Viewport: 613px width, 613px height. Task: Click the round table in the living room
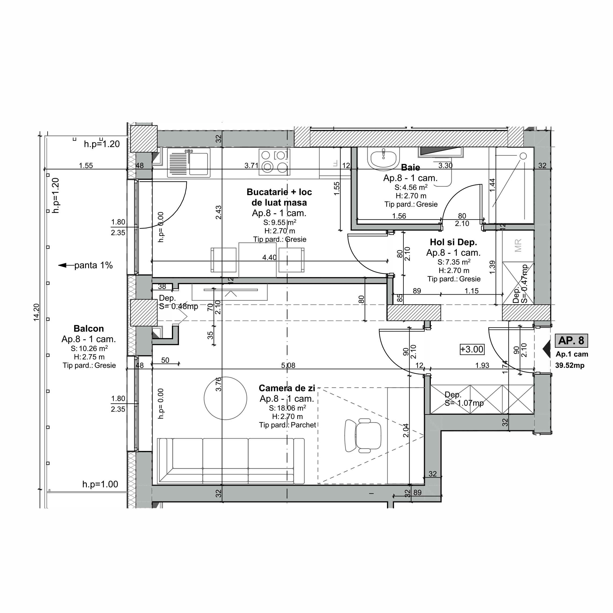point(225,398)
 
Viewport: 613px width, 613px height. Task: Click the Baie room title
point(410,167)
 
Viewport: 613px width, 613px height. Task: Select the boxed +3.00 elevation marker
point(472,349)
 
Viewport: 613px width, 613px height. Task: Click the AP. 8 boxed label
point(571,340)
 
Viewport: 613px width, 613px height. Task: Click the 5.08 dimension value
point(288,365)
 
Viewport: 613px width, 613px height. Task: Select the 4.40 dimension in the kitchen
point(269,257)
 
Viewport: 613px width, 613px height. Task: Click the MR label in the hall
point(518,246)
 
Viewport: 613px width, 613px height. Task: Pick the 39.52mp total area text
point(569,365)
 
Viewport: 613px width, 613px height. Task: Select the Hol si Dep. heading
point(453,242)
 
